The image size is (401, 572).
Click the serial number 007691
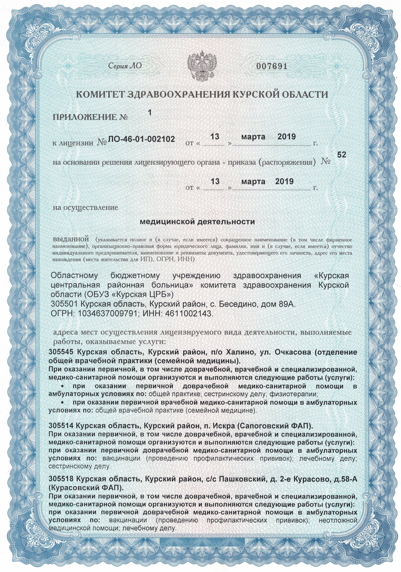pos(272,66)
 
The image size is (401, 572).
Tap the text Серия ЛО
pos(125,66)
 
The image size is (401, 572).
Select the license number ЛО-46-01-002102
pos(141,139)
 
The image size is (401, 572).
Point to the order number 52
pos(341,155)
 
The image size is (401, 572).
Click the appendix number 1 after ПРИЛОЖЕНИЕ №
pos(150,113)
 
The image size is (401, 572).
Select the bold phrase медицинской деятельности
pos(197,221)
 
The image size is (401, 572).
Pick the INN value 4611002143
pos(186,314)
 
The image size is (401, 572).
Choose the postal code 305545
pos(62,352)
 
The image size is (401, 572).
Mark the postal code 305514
pos(62,426)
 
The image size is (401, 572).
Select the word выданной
pos(71,239)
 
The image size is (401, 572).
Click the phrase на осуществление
pos(86,207)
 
